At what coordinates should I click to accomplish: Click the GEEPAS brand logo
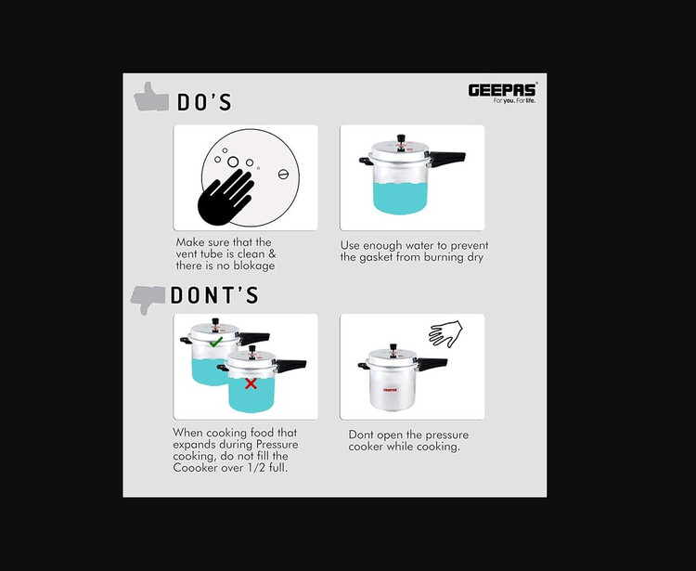502,91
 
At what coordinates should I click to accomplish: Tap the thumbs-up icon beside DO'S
151,97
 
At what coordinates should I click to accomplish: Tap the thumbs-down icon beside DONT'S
148,299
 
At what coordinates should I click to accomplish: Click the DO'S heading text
204,102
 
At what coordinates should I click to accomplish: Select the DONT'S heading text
214,295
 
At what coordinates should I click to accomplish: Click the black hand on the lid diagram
225,197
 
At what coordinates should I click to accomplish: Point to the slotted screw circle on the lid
283,174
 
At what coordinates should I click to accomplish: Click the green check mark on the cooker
215,342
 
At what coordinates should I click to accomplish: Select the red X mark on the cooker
251,383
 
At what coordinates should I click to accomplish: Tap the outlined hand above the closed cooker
445,334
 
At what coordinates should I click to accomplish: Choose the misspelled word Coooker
193,468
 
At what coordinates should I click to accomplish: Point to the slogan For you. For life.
514,101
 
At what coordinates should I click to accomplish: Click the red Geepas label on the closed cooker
390,390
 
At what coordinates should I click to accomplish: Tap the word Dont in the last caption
361,435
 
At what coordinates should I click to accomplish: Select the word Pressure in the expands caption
277,445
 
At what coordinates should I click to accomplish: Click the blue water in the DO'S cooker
400,199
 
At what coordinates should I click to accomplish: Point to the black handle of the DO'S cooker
447,158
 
